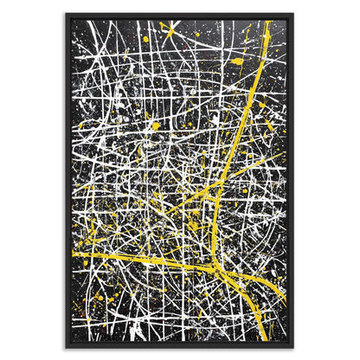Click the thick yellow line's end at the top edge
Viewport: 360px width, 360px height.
[269, 22]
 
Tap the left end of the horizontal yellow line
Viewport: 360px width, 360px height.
[74, 255]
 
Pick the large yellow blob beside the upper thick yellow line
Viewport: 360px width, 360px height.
[238, 61]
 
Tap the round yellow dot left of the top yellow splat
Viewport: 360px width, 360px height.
[145, 39]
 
